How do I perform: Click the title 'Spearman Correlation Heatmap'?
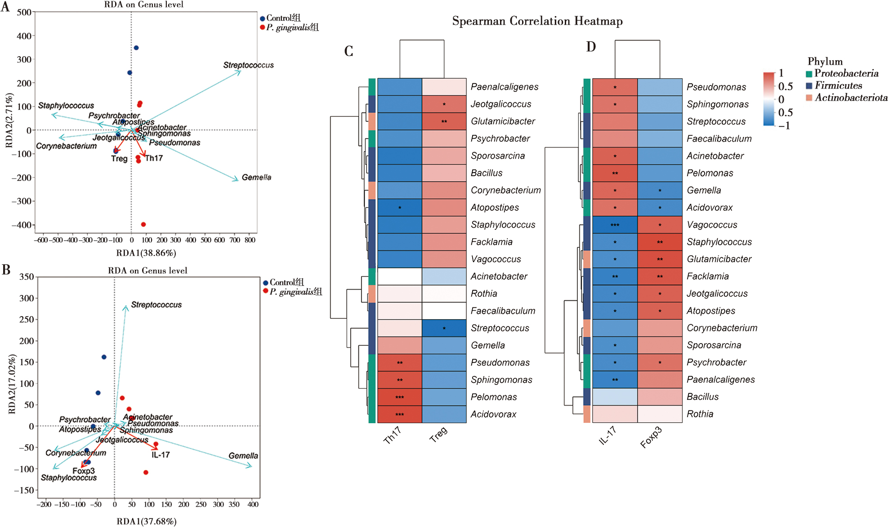[x=537, y=21]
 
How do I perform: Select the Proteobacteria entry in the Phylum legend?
[x=845, y=73]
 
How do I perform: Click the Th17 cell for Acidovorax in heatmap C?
[x=400, y=414]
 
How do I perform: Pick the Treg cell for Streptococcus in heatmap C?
[x=444, y=328]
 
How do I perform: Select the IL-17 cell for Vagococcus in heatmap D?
[x=615, y=225]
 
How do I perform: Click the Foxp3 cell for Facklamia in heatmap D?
[x=660, y=277]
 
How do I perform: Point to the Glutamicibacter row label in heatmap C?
[x=503, y=121]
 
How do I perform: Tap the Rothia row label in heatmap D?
[x=700, y=414]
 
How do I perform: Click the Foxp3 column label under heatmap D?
[x=651, y=437]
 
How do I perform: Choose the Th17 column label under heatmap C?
[x=392, y=436]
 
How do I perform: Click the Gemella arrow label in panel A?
[x=256, y=178]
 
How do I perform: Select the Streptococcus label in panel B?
[x=156, y=305]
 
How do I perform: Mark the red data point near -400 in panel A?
[x=143, y=224]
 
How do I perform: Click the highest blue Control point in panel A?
[x=136, y=48]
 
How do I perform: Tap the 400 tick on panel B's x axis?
[x=253, y=505]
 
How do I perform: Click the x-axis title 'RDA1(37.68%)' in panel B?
[x=147, y=522]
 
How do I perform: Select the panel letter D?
[x=591, y=47]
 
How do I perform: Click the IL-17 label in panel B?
[x=161, y=455]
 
